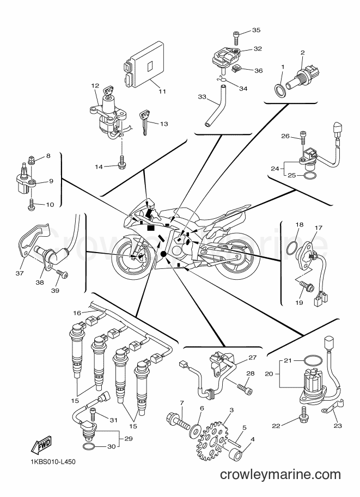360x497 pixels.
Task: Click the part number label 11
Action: (162, 91)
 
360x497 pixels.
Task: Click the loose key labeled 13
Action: (145, 121)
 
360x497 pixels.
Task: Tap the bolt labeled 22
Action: (303, 413)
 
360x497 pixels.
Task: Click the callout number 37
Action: (20, 273)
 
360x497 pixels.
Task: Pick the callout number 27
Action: (252, 358)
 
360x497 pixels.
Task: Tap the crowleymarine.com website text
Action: (280, 475)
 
